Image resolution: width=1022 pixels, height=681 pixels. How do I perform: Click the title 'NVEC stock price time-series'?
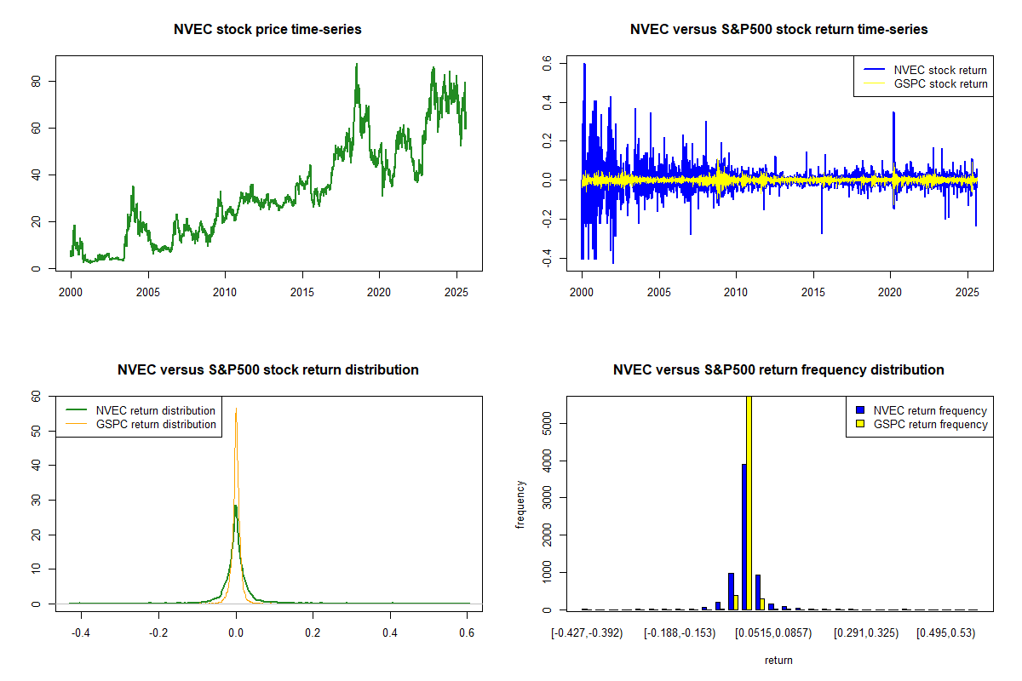pos(267,30)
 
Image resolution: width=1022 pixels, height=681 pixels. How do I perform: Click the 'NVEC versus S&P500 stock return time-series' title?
pos(778,30)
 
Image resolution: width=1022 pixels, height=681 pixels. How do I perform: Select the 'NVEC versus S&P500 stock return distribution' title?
pos(267,370)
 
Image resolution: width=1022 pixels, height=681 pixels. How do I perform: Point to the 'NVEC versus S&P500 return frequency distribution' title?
pos(778,370)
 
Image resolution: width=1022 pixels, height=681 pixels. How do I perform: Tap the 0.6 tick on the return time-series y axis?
pos(548,64)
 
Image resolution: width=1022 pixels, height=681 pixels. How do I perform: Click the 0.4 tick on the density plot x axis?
pos(390,632)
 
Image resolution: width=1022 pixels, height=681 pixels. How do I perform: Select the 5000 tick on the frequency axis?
pos(548,423)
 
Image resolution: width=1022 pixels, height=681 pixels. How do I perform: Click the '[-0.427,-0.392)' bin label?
pos(588,632)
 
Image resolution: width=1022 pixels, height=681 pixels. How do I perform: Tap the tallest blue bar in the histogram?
pos(744,536)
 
